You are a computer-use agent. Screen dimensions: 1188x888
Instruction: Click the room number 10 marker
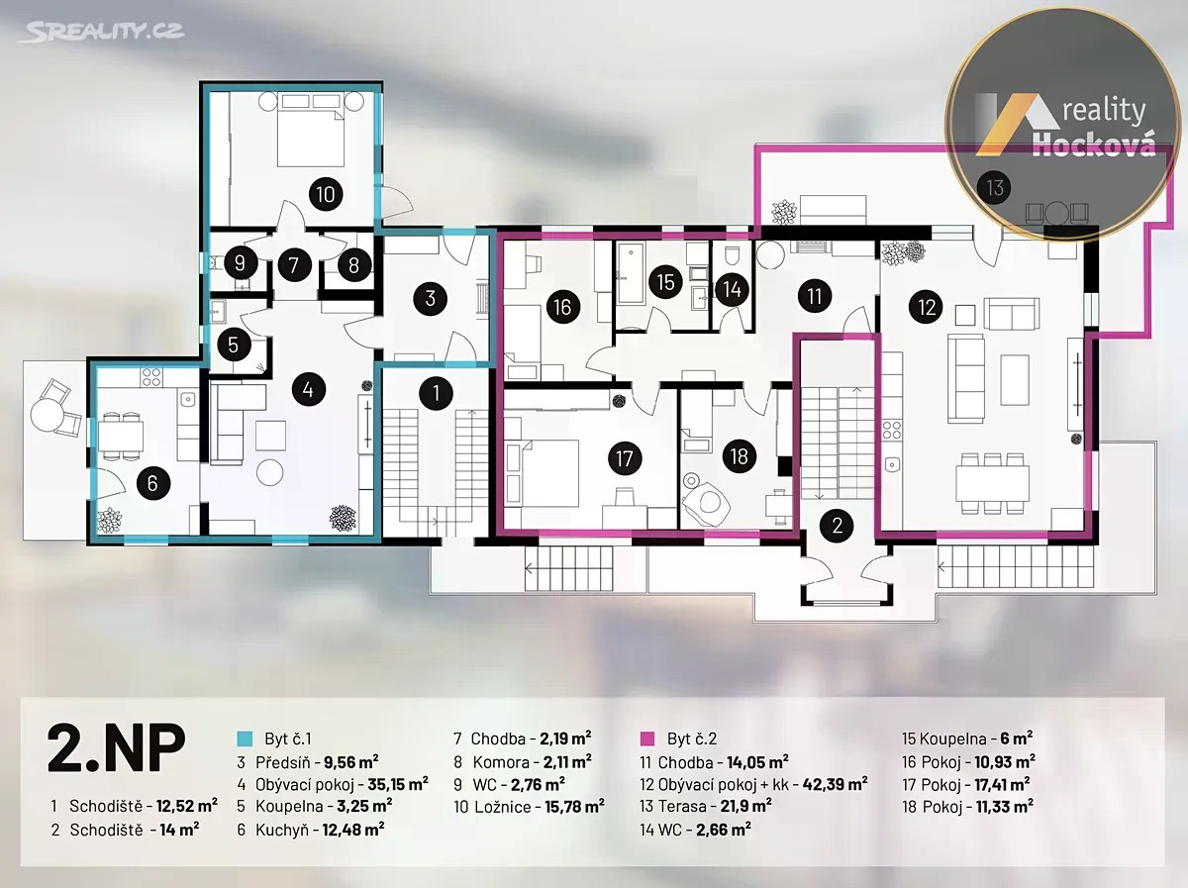tap(326, 194)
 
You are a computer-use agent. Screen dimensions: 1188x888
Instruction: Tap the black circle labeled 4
tap(309, 389)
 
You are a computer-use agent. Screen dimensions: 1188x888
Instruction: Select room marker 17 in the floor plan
tap(624, 458)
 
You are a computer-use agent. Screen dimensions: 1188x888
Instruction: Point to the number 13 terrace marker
tap(995, 188)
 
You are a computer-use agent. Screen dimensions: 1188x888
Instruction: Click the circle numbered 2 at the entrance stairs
tap(838, 526)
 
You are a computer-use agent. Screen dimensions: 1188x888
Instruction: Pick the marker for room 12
tap(927, 307)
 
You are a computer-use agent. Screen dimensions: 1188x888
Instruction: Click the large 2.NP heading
tap(117, 748)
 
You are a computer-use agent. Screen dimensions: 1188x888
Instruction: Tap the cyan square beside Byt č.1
tap(245, 739)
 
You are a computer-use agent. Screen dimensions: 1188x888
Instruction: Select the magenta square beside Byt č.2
tap(647, 739)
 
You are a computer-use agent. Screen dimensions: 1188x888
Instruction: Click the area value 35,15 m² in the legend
tap(398, 784)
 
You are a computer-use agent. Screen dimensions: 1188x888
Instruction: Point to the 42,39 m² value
tap(836, 784)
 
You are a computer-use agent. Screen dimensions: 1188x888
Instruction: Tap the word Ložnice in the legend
tap(503, 807)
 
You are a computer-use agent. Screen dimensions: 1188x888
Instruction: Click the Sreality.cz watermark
tap(101, 32)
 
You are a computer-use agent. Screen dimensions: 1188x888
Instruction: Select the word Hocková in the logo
tap(1094, 144)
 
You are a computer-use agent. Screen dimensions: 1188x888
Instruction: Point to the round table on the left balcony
tap(48, 415)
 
